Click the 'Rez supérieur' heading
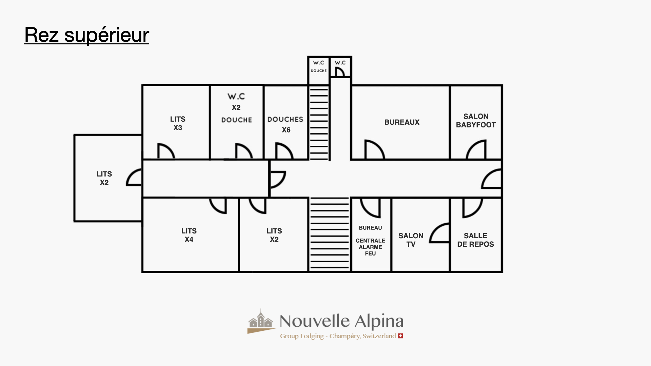pos(87,35)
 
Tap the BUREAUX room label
pos(402,122)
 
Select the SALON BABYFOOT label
pos(476,121)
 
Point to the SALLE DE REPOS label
pos(475,240)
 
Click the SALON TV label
pos(411,240)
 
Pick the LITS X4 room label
pos(189,235)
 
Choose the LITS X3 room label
pos(178,123)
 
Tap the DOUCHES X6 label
pos(285,124)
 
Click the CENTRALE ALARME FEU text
pos(370,247)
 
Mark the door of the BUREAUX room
pos(374,150)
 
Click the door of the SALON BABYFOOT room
pos(477,150)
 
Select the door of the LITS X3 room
pos(166,151)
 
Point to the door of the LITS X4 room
pos(218,205)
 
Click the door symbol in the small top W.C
pos(339,72)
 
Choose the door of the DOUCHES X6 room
pos(284,151)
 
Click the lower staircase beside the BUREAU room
pos(330,234)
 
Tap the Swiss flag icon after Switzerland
pos(400,336)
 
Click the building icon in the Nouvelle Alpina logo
pos(260,321)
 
